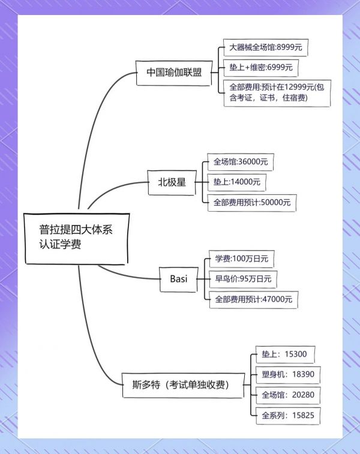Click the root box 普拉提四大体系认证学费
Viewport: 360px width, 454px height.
76,239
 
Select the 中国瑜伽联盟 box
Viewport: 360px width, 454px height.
174,73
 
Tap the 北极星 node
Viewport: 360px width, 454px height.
172,182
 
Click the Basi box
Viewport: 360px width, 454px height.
179,279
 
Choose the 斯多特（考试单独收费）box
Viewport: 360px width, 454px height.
184,386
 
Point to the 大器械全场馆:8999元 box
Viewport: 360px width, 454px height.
266,47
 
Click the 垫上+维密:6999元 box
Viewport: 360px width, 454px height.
260,67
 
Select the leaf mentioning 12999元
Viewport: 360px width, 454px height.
277,93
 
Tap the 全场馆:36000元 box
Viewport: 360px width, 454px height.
241,162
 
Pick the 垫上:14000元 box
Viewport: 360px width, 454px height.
236,182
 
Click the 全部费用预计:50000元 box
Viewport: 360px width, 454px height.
252,203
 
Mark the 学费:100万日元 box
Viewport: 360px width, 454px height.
242,259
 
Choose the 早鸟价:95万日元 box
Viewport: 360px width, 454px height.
243,279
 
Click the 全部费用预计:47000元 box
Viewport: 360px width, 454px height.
253,299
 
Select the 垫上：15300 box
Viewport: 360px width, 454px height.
285,354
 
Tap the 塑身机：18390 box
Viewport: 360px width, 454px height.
288,375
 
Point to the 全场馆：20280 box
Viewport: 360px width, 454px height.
288,395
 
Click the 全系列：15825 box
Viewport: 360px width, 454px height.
288,416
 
